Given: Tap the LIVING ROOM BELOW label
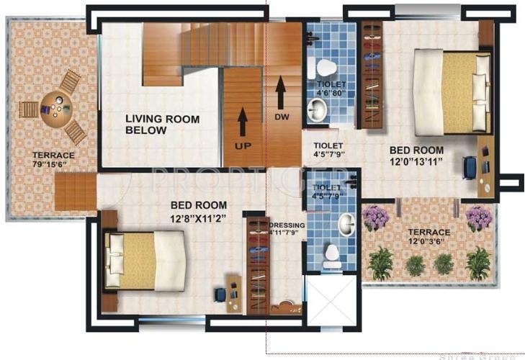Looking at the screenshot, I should coord(162,125).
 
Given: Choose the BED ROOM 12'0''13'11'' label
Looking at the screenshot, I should coord(416,156).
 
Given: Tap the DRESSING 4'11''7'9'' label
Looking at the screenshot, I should coord(287,229).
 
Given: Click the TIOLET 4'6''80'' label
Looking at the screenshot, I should coord(331,89).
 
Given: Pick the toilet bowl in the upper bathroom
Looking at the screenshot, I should coord(326,68).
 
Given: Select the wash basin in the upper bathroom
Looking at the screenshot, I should coord(317,110).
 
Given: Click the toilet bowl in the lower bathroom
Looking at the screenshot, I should coord(332,256).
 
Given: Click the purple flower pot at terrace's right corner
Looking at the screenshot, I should coord(478,218).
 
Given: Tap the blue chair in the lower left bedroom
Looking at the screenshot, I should coord(220,295).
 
